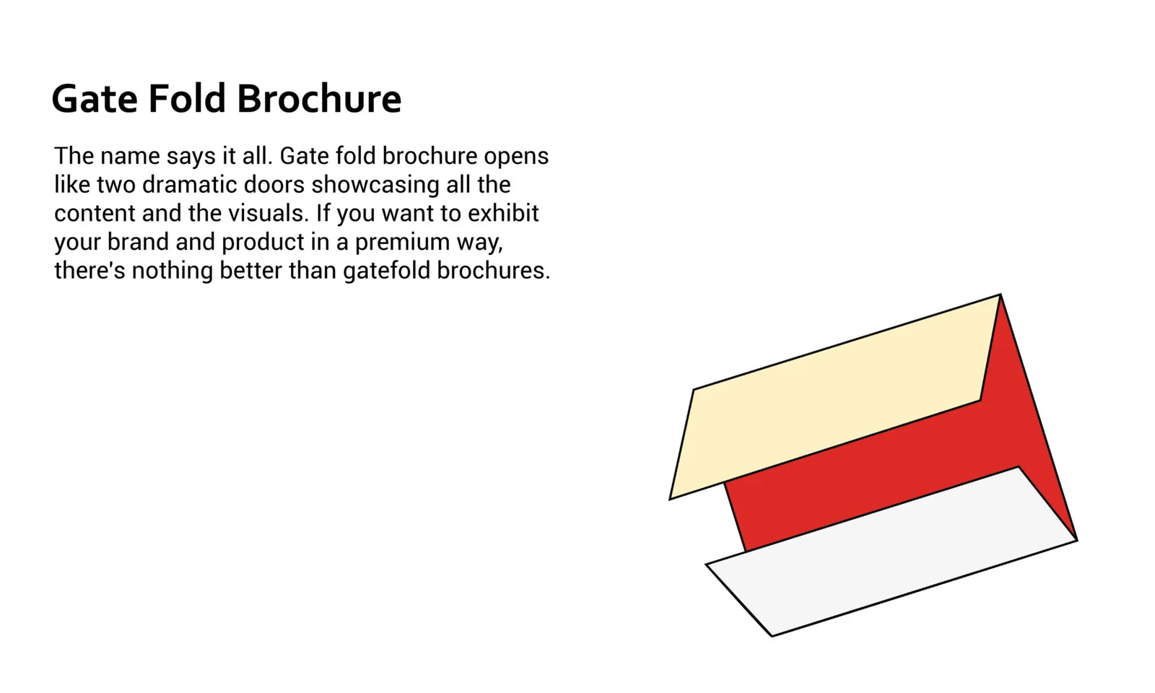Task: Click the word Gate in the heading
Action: point(95,98)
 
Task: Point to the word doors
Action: point(274,185)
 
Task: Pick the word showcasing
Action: point(375,186)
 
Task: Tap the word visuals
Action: point(269,213)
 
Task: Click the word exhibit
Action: point(503,213)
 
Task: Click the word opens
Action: point(516,157)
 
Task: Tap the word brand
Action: point(138,242)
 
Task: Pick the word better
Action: point(251,270)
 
